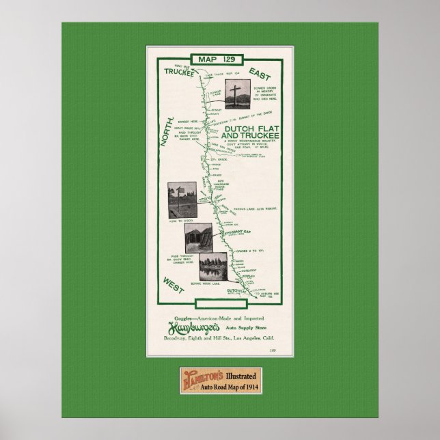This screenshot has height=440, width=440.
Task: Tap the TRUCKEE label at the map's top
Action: (180, 70)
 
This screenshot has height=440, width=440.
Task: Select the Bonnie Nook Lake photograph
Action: (217, 268)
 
